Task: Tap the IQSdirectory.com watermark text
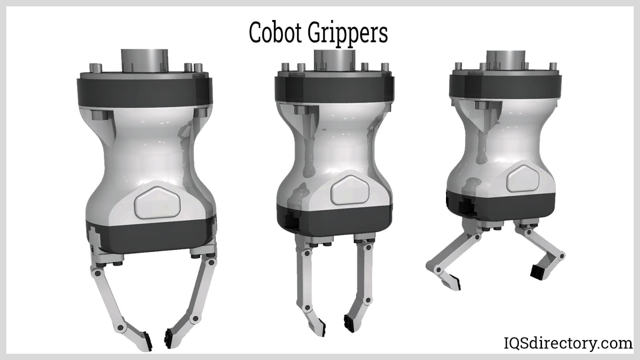click(x=568, y=343)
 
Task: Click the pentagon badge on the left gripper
click(x=157, y=202)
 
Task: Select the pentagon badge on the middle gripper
click(x=350, y=190)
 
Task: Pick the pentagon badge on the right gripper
click(x=523, y=178)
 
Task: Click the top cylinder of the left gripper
click(x=144, y=61)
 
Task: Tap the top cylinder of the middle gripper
click(x=334, y=60)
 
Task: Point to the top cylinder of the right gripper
click(x=506, y=60)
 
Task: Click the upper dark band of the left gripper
click(x=144, y=92)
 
